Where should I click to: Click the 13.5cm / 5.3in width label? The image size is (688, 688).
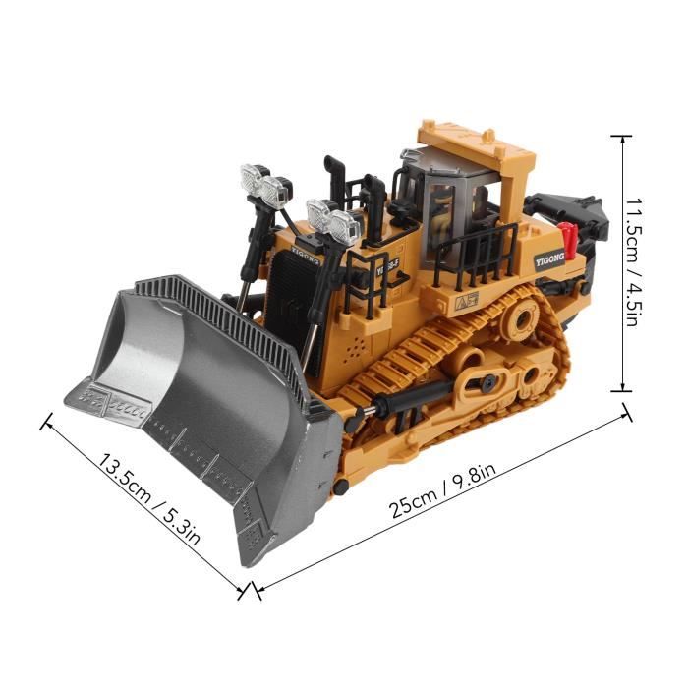click(148, 499)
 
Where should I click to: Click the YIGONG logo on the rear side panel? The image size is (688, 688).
click(549, 258)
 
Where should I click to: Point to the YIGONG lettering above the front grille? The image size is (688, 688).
click(305, 255)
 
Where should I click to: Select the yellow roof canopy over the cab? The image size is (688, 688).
click(476, 149)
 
